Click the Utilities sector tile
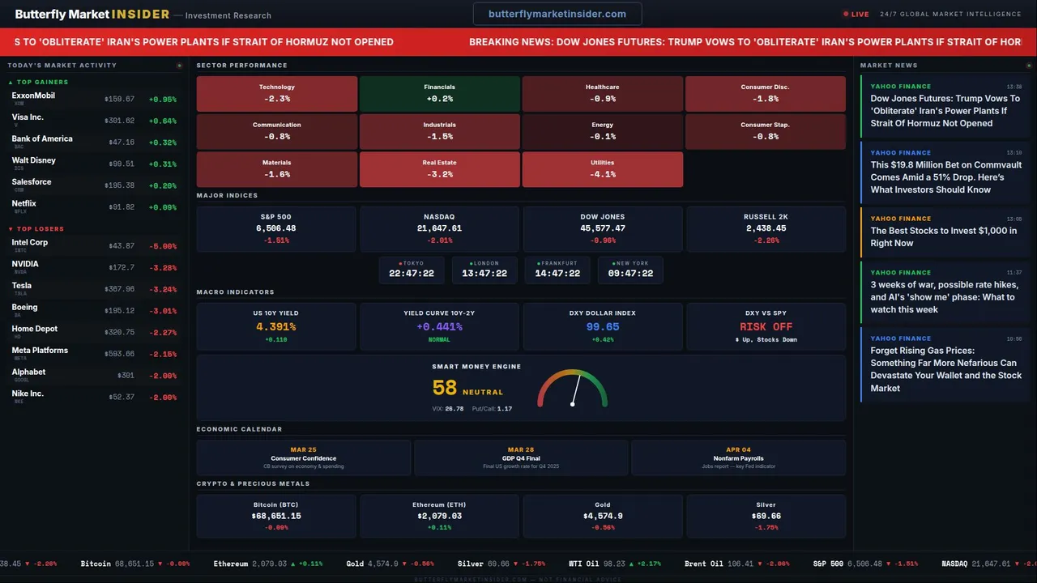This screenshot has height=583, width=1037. pyautogui.click(x=602, y=168)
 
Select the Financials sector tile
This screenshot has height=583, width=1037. pyautogui.click(x=439, y=93)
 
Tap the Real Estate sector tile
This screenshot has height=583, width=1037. pyautogui.click(x=439, y=168)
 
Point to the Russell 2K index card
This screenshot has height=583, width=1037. pyautogui.click(x=766, y=228)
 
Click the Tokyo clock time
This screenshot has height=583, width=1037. pyautogui.click(x=412, y=274)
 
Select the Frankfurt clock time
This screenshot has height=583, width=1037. pyautogui.click(x=557, y=274)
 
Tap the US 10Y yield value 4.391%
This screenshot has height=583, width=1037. pyautogui.click(x=275, y=327)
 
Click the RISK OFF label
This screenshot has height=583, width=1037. pyautogui.click(x=766, y=327)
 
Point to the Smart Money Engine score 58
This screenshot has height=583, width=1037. pyautogui.click(x=445, y=389)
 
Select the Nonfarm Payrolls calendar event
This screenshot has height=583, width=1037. pyautogui.click(x=738, y=458)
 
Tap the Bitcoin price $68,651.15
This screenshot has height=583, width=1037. pyautogui.click(x=275, y=516)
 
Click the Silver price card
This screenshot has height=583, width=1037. pyautogui.click(x=766, y=516)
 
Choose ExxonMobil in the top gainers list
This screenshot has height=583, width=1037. pyautogui.click(x=33, y=96)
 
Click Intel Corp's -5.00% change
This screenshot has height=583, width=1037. pyautogui.click(x=163, y=245)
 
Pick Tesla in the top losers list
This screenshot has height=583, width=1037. pyautogui.click(x=22, y=286)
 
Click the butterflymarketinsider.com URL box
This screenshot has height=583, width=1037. pyautogui.click(x=557, y=14)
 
